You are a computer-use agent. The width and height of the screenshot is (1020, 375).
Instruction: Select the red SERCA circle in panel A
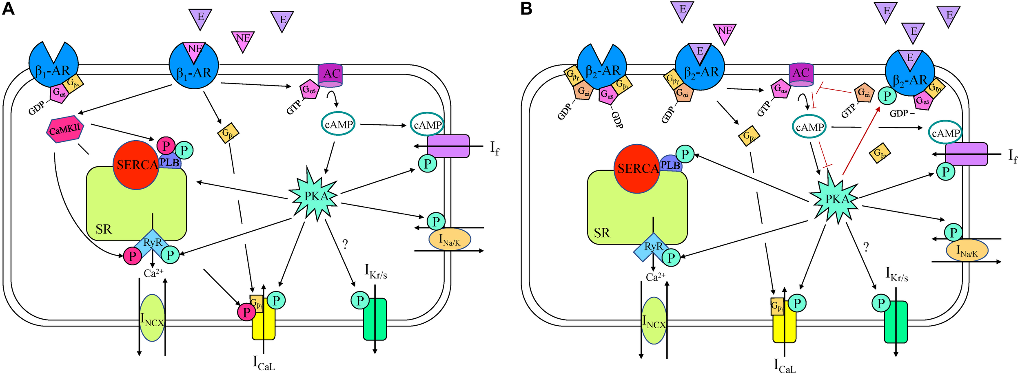point(136,165)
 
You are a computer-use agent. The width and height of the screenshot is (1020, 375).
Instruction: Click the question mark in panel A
point(345,245)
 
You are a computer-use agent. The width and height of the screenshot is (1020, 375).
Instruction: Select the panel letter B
point(526,9)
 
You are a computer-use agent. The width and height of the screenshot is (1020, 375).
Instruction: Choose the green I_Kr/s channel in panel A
point(375,319)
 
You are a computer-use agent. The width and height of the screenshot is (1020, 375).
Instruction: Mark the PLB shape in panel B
point(670,164)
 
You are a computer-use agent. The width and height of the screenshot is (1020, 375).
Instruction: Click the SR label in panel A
point(104,229)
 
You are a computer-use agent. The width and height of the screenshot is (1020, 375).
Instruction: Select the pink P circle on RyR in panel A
point(132,256)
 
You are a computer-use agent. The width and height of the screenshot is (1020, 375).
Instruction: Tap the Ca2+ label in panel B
point(655,277)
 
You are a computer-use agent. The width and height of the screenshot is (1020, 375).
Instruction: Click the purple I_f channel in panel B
point(967,154)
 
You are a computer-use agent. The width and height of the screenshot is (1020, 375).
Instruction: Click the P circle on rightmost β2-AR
point(886,96)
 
